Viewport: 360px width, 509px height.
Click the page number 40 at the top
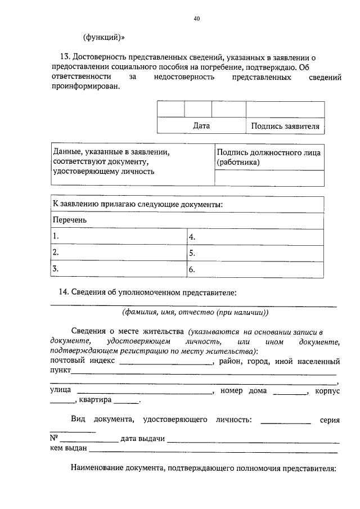click(196, 19)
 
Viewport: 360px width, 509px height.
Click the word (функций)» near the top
click(104, 38)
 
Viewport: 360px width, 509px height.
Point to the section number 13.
click(64, 57)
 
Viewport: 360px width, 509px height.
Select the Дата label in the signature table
click(201, 126)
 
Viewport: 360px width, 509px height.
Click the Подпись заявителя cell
click(285, 127)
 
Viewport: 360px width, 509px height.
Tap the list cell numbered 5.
click(255, 253)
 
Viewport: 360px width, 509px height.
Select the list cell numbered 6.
click(255, 269)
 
